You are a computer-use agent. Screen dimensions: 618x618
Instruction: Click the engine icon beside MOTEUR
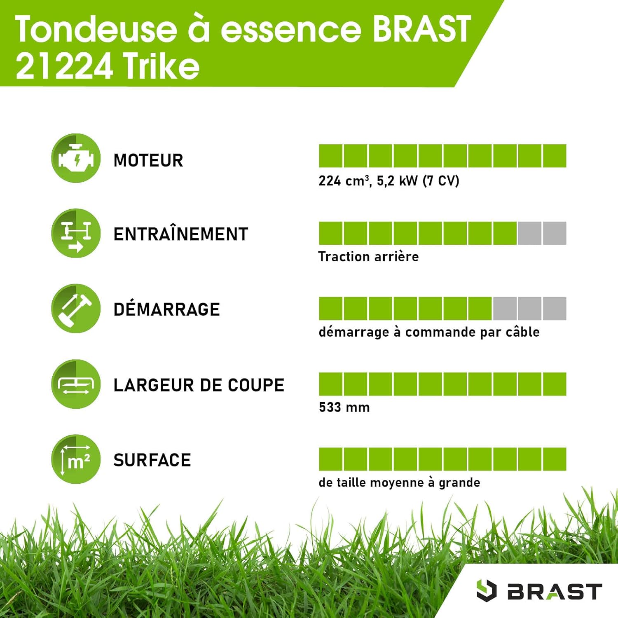pos(76,158)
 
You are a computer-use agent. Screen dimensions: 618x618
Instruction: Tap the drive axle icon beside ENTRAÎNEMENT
pos(76,233)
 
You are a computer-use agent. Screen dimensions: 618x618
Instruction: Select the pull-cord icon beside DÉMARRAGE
pos(76,308)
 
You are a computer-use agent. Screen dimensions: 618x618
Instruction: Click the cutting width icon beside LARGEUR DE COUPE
pos(76,384)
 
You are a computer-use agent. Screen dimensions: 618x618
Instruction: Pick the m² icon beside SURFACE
pos(76,459)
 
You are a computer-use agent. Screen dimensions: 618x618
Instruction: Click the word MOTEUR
pos(148,160)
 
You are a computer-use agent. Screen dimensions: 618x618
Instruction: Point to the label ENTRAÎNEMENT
pos(180,234)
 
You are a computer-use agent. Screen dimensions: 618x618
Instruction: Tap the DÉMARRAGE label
pos(166,309)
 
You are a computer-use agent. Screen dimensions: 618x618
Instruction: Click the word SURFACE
pos(152,460)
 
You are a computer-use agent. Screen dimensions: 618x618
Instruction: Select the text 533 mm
pos(344,407)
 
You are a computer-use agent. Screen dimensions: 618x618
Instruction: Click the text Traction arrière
pos(368,257)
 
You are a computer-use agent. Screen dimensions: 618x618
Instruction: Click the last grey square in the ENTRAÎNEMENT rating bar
pos(555,233)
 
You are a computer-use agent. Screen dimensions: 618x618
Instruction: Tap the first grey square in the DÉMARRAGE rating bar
pos(505,308)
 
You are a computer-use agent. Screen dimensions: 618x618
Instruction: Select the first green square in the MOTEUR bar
pos(330,156)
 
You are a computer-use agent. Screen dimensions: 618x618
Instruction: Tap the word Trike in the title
pos(161,66)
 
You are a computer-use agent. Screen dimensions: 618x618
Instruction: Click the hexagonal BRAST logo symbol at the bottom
pos(486,590)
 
